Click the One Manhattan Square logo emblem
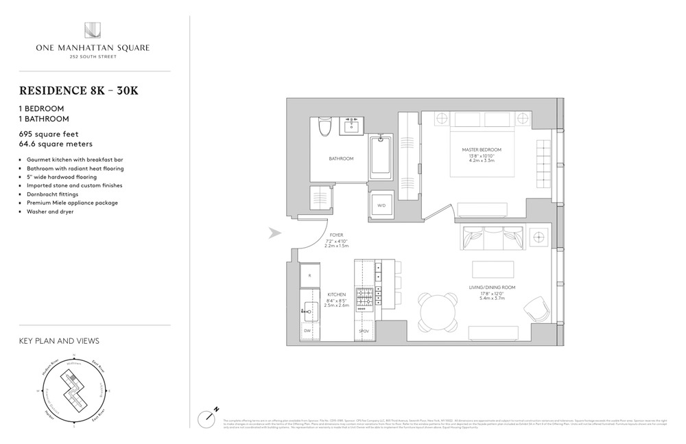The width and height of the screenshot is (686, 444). [93, 30]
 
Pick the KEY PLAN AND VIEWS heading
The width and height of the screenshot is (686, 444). [58, 340]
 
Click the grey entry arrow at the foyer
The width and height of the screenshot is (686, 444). [275, 233]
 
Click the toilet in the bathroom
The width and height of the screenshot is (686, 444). [325, 127]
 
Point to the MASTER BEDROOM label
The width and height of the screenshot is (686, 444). [481, 150]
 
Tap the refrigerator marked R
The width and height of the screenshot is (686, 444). [310, 275]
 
